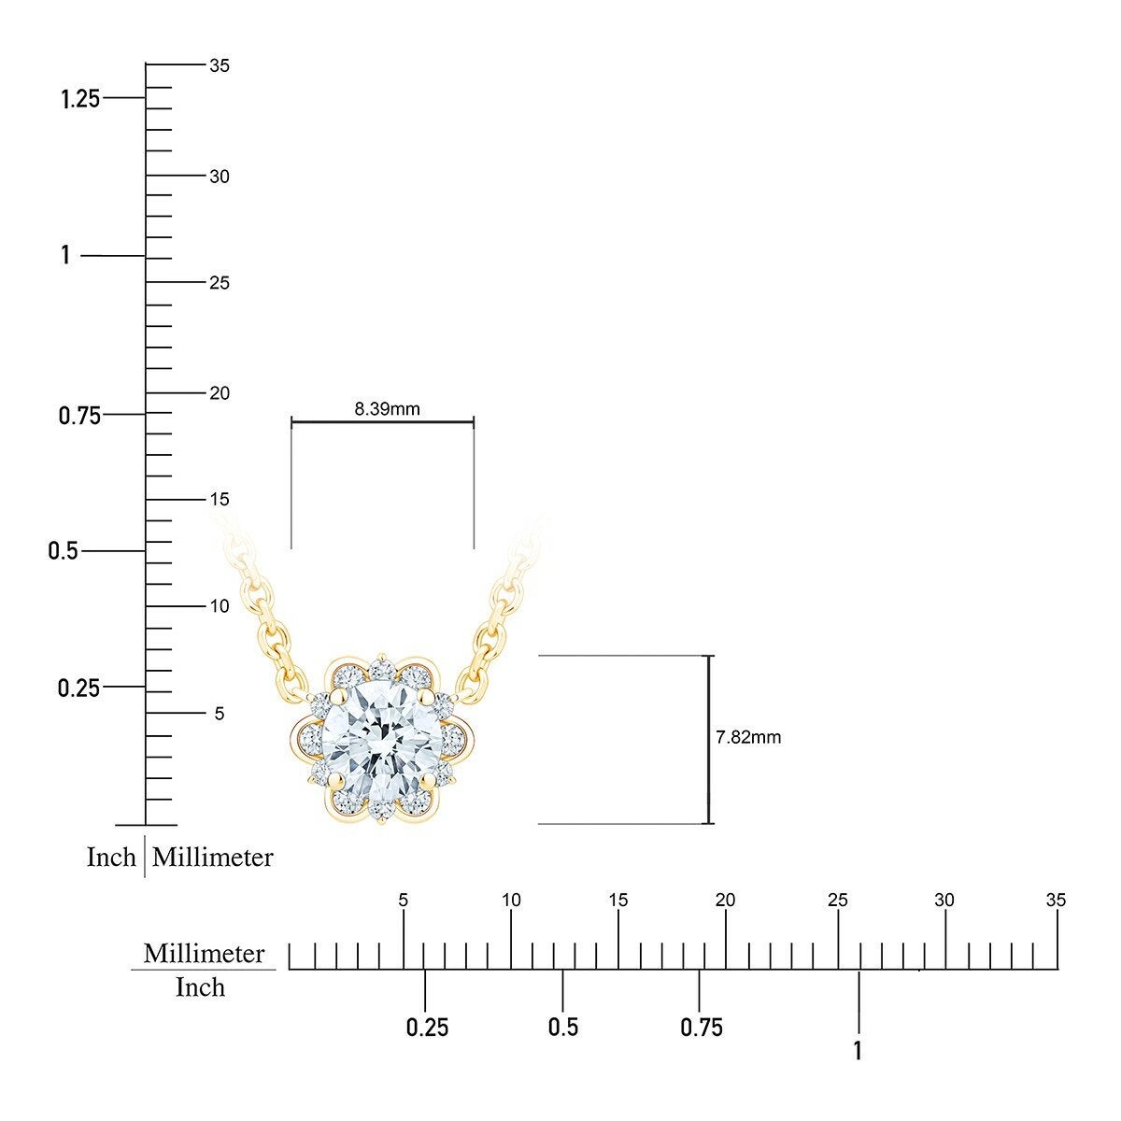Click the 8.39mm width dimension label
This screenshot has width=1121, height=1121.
(387, 409)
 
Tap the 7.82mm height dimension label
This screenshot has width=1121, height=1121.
(748, 737)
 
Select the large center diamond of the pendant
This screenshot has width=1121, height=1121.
(382, 738)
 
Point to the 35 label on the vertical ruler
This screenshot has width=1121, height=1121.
(220, 65)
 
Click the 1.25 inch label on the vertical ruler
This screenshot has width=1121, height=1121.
(80, 99)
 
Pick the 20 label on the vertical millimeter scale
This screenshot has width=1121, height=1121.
(220, 393)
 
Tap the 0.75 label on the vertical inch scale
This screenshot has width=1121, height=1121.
(79, 416)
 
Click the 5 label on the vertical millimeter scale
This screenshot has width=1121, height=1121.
(220, 713)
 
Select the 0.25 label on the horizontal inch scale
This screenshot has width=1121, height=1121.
(427, 1028)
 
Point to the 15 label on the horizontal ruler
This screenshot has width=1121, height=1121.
(618, 900)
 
